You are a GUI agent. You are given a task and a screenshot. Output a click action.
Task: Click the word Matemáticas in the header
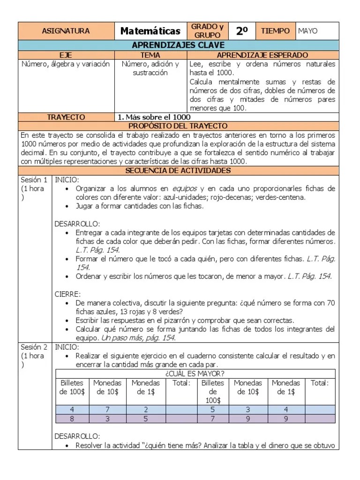pyautogui.click(x=150, y=31)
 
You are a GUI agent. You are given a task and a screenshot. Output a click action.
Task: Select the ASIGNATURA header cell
pyautogui.click(x=66, y=31)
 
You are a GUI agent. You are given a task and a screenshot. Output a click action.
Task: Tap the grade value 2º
pyautogui.click(x=242, y=31)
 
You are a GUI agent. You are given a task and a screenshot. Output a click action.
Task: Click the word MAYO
pyautogui.click(x=307, y=31)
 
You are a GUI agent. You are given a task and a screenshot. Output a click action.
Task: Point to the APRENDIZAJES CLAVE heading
pyautogui.click(x=178, y=45)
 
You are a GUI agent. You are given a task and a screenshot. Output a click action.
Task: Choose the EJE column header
pyautogui.click(x=66, y=55)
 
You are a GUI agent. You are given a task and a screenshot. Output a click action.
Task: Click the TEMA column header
pyautogui.click(x=150, y=55)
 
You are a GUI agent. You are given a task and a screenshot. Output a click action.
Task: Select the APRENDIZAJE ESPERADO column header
pyautogui.click(x=262, y=55)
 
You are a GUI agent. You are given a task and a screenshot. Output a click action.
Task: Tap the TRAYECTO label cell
pyautogui.click(x=66, y=117)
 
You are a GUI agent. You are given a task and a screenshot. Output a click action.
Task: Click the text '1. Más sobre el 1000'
pyautogui.click(x=154, y=117)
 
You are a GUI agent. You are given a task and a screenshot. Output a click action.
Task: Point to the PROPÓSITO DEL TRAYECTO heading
pyautogui.click(x=178, y=126)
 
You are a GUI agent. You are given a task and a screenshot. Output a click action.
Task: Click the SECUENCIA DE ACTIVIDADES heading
pyautogui.click(x=178, y=170)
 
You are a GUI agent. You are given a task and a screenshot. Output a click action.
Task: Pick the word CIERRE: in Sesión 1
pyautogui.click(x=67, y=294)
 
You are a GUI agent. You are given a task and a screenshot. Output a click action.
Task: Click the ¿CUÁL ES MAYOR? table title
pyautogui.click(x=195, y=373)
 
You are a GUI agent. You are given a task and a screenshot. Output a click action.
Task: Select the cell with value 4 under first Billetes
pyautogui.click(x=72, y=409)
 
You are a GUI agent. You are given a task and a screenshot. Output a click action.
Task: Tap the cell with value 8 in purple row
pyautogui.click(x=72, y=418)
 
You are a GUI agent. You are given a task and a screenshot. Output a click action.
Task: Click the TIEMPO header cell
pyautogui.click(x=275, y=31)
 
